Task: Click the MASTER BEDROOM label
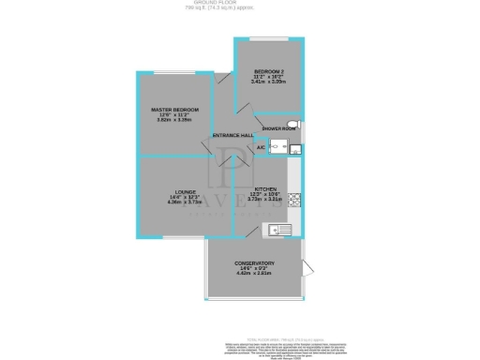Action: coord(174,110)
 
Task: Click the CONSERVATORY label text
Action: coord(253,263)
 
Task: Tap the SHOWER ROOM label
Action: coord(278,127)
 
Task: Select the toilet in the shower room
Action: coord(294,125)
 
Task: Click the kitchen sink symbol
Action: coord(279,229)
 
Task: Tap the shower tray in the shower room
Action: coord(282,145)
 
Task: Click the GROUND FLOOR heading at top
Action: coord(239,4)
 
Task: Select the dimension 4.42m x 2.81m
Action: coord(253,275)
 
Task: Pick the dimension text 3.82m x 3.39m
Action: coord(174,121)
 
